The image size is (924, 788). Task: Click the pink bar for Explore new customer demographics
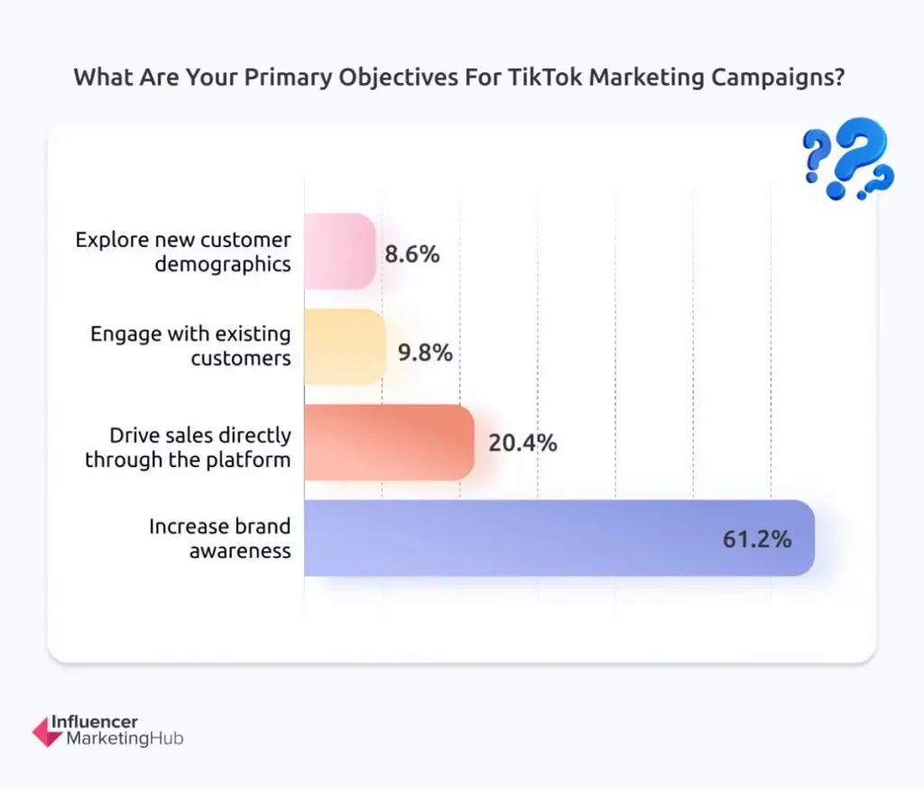[x=339, y=252]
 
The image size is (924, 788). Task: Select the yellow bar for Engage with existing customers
[x=345, y=347]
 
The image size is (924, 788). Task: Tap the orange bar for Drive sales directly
[x=389, y=442]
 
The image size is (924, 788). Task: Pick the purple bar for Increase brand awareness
[x=559, y=538]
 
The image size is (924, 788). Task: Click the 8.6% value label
[x=412, y=254]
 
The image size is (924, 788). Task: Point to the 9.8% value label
[x=425, y=352]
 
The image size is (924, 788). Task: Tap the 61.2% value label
[x=757, y=539]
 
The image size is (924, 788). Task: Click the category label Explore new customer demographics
[x=183, y=252]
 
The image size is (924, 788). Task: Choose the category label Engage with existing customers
[x=190, y=346]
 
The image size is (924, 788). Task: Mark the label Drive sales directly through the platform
[x=188, y=447]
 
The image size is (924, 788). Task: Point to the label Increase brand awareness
[x=220, y=538]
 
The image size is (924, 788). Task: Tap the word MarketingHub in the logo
[x=125, y=739]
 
